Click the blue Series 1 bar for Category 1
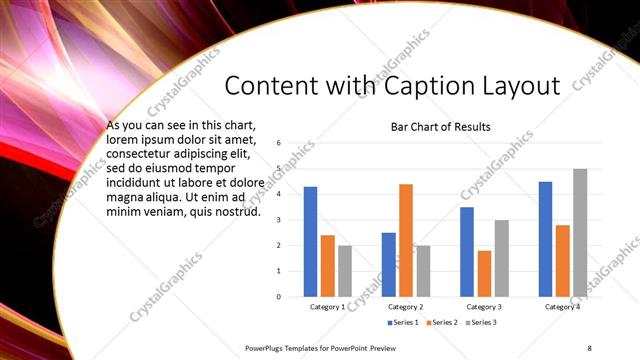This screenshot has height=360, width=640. pyautogui.click(x=310, y=241)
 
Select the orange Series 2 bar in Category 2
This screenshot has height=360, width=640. pyautogui.click(x=406, y=240)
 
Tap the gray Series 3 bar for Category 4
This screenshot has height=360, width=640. pyautogui.click(x=580, y=232)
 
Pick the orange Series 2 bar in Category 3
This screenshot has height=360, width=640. pyautogui.click(x=484, y=273)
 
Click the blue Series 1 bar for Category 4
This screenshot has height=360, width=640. pyautogui.click(x=545, y=238)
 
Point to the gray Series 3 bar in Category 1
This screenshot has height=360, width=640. pyautogui.click(x=345, y=270)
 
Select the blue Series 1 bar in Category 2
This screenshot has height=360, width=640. pyautogui.click(x=388, y=264)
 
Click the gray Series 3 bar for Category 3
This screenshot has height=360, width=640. pyautogui.click(x=502, y=258)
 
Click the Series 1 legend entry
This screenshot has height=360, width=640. pyautogui.click(x=403, y=322)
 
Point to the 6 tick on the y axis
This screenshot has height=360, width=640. pyautogui.click(x=280, y=143)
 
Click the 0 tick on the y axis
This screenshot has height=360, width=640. pyautogui.click(x=280, y=296)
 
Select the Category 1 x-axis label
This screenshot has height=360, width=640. pyautogui.click(x=327, y=306)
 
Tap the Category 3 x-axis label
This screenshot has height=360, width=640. pyautogui.click(x=484, y=306)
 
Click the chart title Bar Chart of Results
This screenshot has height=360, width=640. pyautogui.click(x=440, y=127)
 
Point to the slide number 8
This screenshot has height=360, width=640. pyautogui.click(x=588, y=347)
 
